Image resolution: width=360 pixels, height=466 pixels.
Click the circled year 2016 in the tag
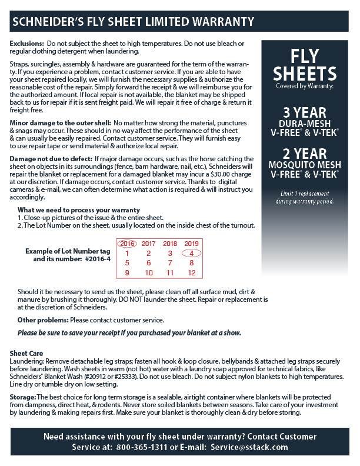pyautogui.click(x=126, y=244)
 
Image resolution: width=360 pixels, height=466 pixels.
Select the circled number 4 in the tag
pyautogui.click(x=192, y=253)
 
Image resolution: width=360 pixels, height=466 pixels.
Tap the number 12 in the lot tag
pyautogui.click(x=192, y=273)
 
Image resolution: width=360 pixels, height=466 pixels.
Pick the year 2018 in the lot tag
pyautogui.click(x=170, y=244)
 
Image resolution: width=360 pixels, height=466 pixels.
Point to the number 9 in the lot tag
pyautogui.click(x=126, y=273)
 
